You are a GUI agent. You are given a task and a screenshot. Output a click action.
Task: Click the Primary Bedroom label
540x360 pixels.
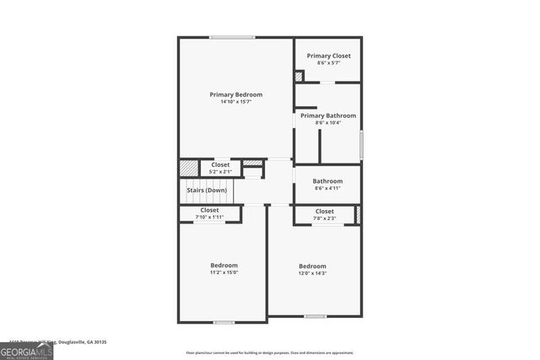point(235,94)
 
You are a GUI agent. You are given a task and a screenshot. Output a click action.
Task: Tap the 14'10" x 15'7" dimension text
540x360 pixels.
point(235,102)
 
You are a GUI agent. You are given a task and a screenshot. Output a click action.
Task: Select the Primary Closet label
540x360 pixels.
point(328,56)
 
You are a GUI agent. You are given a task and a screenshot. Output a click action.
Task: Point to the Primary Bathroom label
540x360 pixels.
point(328,116)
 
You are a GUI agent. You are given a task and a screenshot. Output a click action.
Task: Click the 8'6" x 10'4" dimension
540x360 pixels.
point(328,123)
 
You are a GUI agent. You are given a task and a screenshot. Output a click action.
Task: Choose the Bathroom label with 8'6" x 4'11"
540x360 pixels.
point(327,180)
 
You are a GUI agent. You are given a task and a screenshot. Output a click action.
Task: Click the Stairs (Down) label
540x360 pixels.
point(206,191)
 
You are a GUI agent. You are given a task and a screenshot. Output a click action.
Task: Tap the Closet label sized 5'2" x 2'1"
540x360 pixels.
point(219,164)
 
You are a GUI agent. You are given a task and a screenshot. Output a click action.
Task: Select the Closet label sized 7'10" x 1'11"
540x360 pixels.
point(209,210)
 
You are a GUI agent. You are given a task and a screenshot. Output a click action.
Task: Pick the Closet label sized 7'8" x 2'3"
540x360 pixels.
point(324,211)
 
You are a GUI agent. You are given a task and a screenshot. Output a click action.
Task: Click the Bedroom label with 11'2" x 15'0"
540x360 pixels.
point(224,265)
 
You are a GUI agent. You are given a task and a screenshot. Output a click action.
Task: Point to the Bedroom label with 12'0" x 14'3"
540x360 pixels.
point(312,266)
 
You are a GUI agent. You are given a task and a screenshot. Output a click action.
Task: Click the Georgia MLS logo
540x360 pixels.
point(26,352)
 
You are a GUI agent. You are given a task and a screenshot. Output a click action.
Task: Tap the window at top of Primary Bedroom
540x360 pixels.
point(232,37)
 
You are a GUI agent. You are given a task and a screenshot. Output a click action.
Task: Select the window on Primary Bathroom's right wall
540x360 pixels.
point(361,145)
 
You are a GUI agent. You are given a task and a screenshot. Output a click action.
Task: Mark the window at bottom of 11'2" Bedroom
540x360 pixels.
point(224,322)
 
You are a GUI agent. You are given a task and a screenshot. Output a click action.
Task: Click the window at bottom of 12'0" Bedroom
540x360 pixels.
point(315,316)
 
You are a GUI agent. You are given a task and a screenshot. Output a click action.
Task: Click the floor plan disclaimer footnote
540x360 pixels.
point(269,353)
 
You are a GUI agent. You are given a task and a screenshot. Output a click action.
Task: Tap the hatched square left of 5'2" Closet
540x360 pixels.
point(188,168)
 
